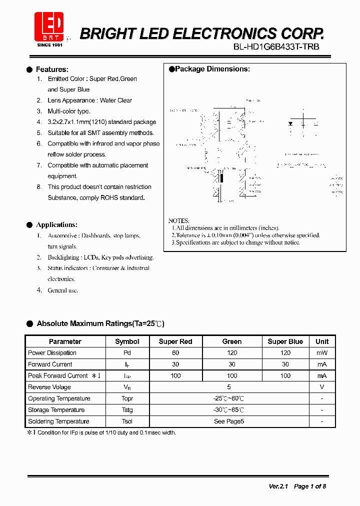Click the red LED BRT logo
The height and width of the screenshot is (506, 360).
[x=49, y=25]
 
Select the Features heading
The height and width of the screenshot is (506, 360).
[x=52, y=69]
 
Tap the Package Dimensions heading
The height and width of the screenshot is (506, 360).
[x=212, y=69]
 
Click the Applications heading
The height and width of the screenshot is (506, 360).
[x=56, y=224]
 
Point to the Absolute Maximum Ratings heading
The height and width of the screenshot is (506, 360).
[x=100, y=323]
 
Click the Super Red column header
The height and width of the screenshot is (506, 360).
[x=175, y=341]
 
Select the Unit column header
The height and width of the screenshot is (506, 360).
[x=322, y=341]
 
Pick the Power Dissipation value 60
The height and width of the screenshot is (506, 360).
[x=175, y=353]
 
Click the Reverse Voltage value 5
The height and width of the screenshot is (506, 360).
[x=229, y=387]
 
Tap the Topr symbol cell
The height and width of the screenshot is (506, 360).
[x=127, y=398]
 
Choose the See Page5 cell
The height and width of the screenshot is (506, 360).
[x=229, y=421]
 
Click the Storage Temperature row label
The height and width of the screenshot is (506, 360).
[x=56, y=410]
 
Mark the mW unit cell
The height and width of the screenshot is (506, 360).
[x=322, y=353]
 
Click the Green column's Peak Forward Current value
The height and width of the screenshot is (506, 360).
[x=232, y=375]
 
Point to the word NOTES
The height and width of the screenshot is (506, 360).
[x=179, y=220]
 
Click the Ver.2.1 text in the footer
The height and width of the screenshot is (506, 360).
[x=278, y=486]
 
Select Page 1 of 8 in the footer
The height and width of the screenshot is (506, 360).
[x=310, y=486]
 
